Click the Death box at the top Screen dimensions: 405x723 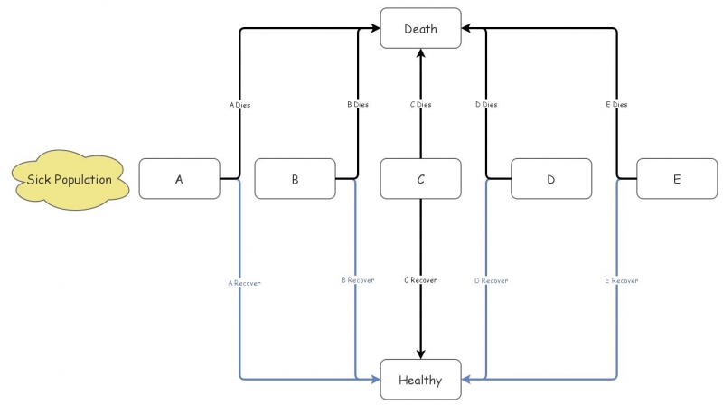420,29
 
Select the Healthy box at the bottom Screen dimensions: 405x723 420,380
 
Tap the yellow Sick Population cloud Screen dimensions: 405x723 70,179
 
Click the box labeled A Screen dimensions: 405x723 179,179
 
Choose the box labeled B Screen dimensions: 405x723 295,179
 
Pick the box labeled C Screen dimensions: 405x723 420,179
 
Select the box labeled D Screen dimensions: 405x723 551,179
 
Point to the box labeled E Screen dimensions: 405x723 677,179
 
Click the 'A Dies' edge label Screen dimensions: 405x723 239,105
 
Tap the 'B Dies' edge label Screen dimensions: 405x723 358,105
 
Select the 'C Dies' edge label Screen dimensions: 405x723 420,105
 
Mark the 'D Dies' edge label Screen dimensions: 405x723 486,105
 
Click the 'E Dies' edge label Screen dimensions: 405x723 616,105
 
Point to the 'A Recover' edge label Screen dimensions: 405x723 244,283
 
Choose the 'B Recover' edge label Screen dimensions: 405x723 357,280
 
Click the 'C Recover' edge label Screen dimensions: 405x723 420,280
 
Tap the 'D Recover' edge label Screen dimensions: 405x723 491,280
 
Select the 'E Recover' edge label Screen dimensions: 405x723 621,280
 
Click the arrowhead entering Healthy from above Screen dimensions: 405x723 420,353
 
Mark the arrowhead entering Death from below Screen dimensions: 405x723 420,55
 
